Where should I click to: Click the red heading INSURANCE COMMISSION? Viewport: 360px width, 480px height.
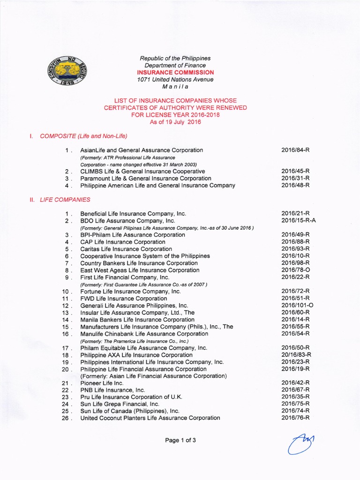pos(175,73)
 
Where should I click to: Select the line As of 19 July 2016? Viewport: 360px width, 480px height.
pos(175,122)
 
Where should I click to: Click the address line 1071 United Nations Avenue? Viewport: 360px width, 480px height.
pos(175,80)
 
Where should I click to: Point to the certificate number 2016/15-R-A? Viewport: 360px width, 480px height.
pos(299,220)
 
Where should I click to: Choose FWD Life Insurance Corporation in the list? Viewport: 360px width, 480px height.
pos(123,299)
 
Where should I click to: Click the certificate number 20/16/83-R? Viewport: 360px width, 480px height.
pos(296,355)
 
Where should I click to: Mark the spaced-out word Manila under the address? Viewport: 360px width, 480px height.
pos(175,87)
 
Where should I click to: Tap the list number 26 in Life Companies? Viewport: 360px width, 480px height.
pos(66,418)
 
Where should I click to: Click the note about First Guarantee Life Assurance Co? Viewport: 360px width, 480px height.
pos(144,285)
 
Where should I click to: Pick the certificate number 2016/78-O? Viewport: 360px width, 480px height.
pos(296,270)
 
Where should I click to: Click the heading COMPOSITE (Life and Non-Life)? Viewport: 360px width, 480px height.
pos(83,136)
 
